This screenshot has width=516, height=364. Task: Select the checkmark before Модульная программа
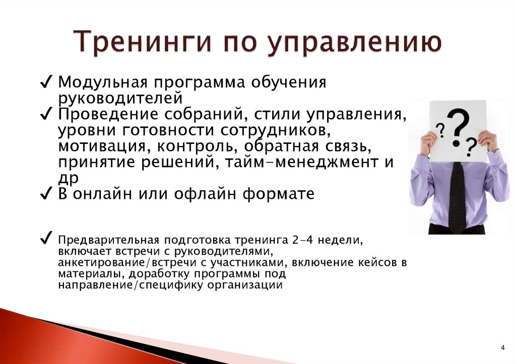coord(46,82)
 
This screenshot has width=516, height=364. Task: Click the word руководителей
coord(119,97)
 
